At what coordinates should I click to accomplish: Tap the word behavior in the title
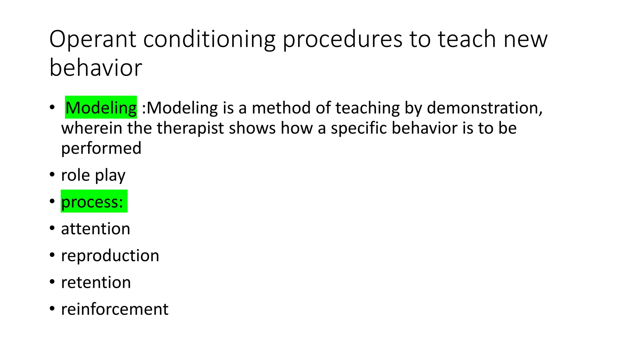(96, 68)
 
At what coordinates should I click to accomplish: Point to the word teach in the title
(467, 39)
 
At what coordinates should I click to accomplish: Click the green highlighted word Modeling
(101, 108)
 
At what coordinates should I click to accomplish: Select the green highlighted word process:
(92, 202)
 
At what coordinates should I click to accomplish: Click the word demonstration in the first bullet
(484, 108)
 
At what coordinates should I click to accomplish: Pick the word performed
(101, 148)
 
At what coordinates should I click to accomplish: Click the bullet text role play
(93, 175)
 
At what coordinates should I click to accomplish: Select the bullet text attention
(95, 229)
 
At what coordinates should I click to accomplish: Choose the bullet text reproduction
(110, 256)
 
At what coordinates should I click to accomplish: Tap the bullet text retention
(96, 282)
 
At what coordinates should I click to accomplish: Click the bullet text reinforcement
(114, 309)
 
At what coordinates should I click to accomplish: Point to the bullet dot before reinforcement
(52, 309)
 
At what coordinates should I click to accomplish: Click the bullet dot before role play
(52, 174)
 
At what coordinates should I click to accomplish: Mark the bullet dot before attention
(52, 228)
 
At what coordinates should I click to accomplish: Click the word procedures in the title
(342, 39)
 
